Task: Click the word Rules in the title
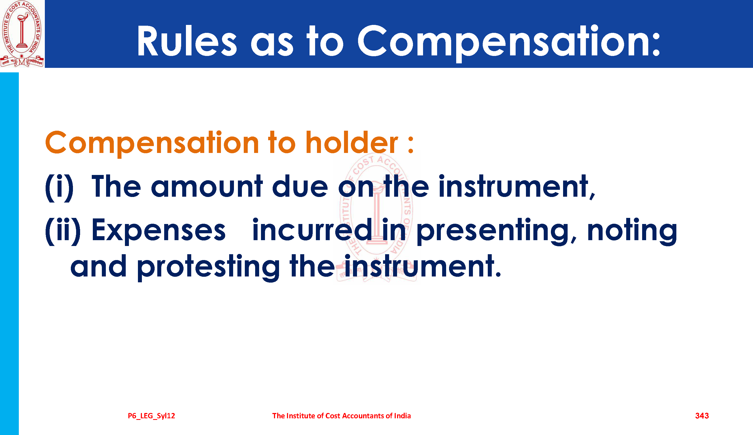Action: pos(187,41)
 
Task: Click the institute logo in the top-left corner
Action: pos(22,34)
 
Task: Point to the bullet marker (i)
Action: pos(59,187)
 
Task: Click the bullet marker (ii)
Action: pos(63,231)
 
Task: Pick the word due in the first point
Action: pos(300,186)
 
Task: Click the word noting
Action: pos(632,232)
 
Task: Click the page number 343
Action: pos(702,416)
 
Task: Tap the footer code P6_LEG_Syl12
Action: pos(151,416)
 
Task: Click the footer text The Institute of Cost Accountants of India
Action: pos(341,416)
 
